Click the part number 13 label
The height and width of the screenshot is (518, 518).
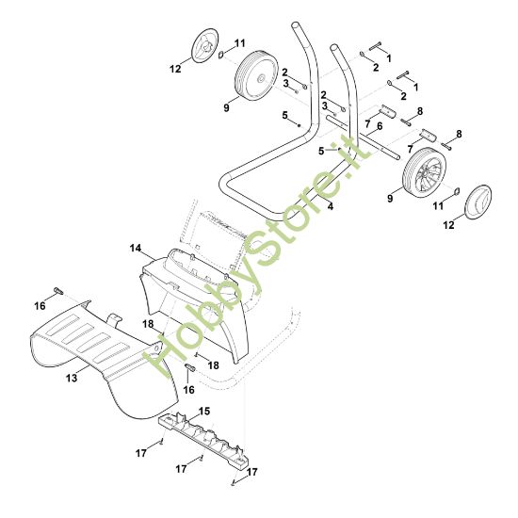click(x=72, y=378)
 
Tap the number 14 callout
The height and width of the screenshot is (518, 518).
click(x=135, y=248)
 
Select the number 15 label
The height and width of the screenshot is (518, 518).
click(x=204, y=412)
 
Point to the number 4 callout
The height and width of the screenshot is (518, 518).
click(x=331, y=206)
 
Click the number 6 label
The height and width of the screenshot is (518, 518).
click(x=380, y=126)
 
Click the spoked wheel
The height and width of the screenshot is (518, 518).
click(x=424, y=174)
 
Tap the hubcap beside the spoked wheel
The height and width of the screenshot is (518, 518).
click(x=478, y=202)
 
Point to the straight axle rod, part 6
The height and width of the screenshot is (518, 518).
click(x=363, y=137)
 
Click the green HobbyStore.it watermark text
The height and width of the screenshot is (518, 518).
click(x=254, y=258)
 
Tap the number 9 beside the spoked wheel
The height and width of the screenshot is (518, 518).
click(x=390, y=198)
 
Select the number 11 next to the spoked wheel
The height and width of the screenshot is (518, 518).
click(x=438, y=206)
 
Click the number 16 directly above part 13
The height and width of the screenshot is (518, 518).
click(x=40, y=306)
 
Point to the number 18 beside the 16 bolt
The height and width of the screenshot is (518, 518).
click(x=214, y=365)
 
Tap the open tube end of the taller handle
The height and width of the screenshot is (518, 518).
click(x=296, y=25)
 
